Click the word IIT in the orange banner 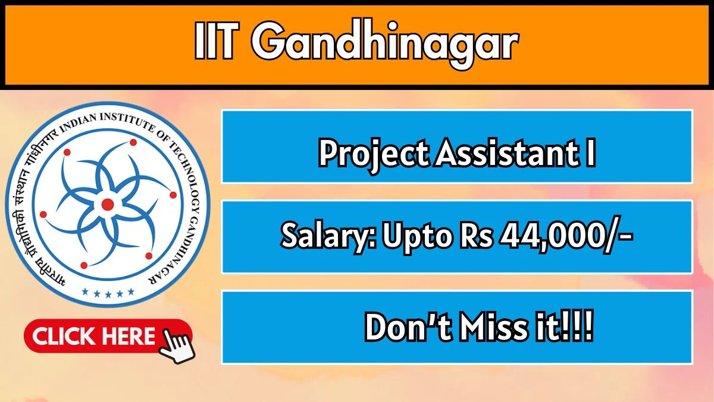coord(218,43)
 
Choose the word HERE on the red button coord(128,337)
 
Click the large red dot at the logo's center coord(108,205)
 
